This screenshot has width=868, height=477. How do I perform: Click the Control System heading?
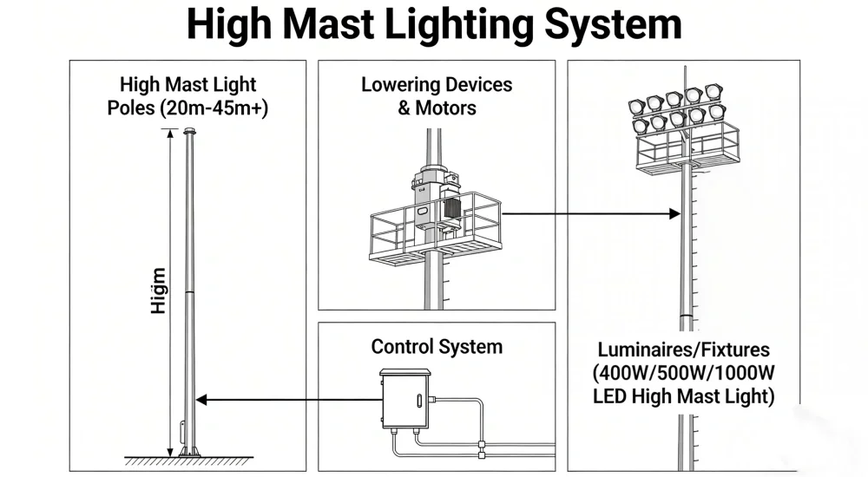(x=437, y=347)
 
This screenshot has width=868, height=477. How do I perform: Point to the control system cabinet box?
(x=405, y=399)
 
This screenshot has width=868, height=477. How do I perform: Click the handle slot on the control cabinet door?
(x=418, y=402)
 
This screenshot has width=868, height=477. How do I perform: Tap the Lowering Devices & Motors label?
(x=437, y=96)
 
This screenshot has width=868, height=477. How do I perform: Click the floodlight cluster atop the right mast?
(x=678, y=108)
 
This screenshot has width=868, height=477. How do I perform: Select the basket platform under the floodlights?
(x=686, y=148)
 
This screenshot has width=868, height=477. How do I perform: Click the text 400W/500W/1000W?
(x=683, y=374)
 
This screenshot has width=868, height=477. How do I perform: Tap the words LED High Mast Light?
(x=683, y=397)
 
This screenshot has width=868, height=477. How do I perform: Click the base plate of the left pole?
(x=187, y=452)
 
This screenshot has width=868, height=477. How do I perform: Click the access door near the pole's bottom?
(x=182, y=430)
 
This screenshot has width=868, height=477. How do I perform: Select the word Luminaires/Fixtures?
(x=683, y=350)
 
